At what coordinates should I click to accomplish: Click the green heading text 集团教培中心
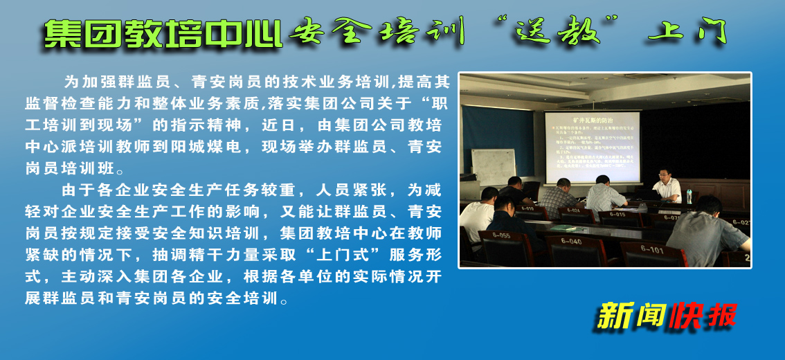(163, 33)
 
